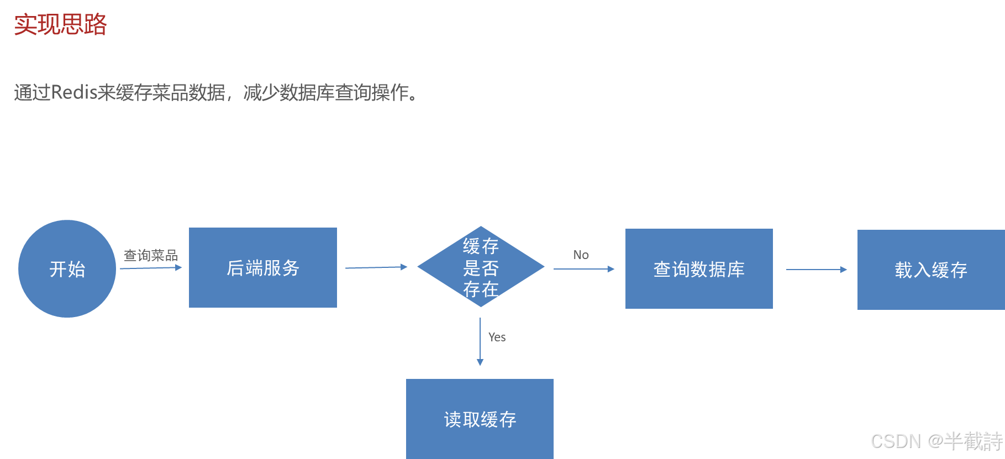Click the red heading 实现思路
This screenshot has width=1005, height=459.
(60, 25)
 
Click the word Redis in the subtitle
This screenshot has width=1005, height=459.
(74, 92)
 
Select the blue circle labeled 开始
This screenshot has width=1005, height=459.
(67, 269)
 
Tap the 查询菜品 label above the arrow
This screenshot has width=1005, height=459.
(150, 255)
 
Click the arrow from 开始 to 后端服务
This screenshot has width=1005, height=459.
(150, 268)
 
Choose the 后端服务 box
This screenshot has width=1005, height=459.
(263, 268)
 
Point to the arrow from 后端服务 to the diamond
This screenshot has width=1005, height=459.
(376, 267)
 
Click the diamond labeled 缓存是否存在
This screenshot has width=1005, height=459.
(481, 267)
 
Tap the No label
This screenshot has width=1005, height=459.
(581, 255)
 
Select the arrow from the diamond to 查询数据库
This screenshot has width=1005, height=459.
(583, 269)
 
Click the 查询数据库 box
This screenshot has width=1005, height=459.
(699, 269)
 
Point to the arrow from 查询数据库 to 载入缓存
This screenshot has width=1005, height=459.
(816, 270)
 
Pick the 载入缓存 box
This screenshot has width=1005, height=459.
(931, 270)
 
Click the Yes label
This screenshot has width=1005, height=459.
(497, 337)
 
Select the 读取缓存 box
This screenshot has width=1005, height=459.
(480, 419)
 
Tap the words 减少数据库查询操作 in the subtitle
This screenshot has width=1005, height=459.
(326, 92)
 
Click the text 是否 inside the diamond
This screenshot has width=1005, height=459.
(481, 268)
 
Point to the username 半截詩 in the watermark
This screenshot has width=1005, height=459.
(973, 441)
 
